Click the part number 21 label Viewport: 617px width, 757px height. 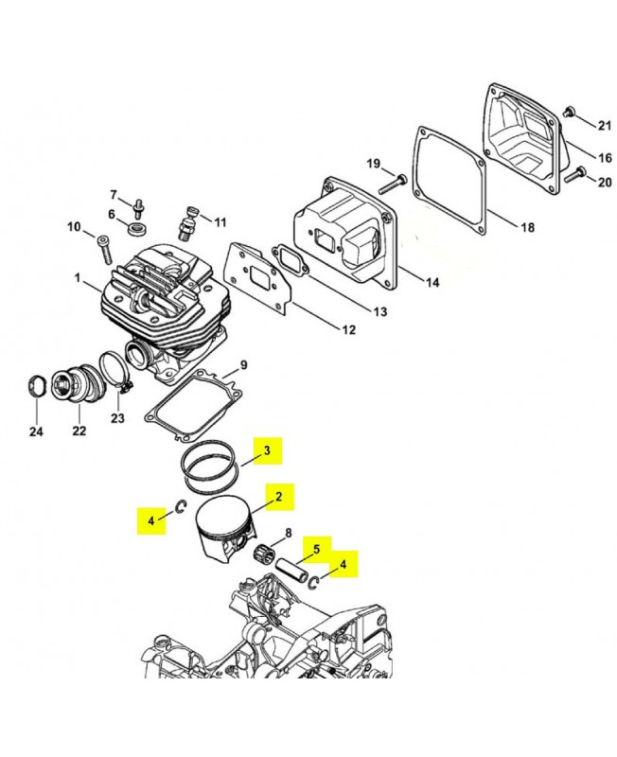(604, 126)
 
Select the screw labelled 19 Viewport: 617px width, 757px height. (393, 184)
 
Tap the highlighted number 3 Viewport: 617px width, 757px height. (267, 450)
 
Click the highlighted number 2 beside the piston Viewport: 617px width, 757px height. (278, 496)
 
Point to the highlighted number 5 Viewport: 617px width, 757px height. (317, 550)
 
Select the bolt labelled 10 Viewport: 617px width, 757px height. (104, 250)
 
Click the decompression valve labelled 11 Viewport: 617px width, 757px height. (187, 223)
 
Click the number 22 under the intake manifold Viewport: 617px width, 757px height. (79, 431)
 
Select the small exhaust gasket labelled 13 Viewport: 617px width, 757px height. (291, 262)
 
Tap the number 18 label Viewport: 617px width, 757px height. (528, 226)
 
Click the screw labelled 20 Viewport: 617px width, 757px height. (574, 175)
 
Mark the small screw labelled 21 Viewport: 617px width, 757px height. (569, 111)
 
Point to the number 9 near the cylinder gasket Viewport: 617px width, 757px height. (243, 365)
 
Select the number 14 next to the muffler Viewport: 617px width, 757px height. (432, 282)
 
